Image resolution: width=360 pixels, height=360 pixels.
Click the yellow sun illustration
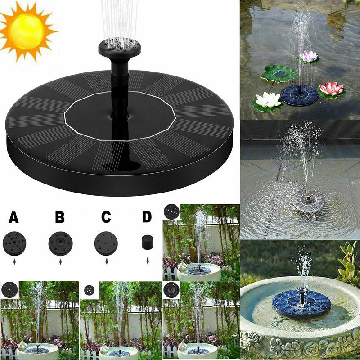(x=27, y=31)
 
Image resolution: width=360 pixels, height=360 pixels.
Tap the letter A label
(x=13, y=217)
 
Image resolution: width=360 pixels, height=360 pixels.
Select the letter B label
(x=60, y=217)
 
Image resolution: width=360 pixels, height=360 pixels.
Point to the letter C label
(x=106, y=217)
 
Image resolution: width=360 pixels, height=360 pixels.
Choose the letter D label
(x=147, y=217)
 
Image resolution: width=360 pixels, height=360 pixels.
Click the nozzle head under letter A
(x=14, y=243)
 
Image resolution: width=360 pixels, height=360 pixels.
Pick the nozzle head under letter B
(x=61, y=243)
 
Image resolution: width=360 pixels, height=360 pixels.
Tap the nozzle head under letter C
(x=106, y=243)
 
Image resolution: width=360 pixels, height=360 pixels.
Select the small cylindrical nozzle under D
(x=147, y=242)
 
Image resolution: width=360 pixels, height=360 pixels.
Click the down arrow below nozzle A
(x=14, y=261)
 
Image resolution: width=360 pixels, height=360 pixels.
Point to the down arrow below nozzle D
(x=148, y=261)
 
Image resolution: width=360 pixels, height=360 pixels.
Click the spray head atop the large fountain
(x=120, y=48)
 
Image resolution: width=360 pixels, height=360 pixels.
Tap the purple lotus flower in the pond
(x=309, y=57)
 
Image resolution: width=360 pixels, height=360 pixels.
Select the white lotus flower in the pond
(x=268, y=100)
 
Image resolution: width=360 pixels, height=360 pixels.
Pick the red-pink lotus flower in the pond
(x=331, y=88)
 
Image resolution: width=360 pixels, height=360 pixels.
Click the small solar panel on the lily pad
(x=279, y=74)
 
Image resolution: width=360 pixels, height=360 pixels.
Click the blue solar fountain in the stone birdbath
(x=301, y=303)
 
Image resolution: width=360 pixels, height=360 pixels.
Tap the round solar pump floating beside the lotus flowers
(x=299, y=95)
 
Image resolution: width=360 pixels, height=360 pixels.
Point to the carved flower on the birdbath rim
(x=251, y=341)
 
